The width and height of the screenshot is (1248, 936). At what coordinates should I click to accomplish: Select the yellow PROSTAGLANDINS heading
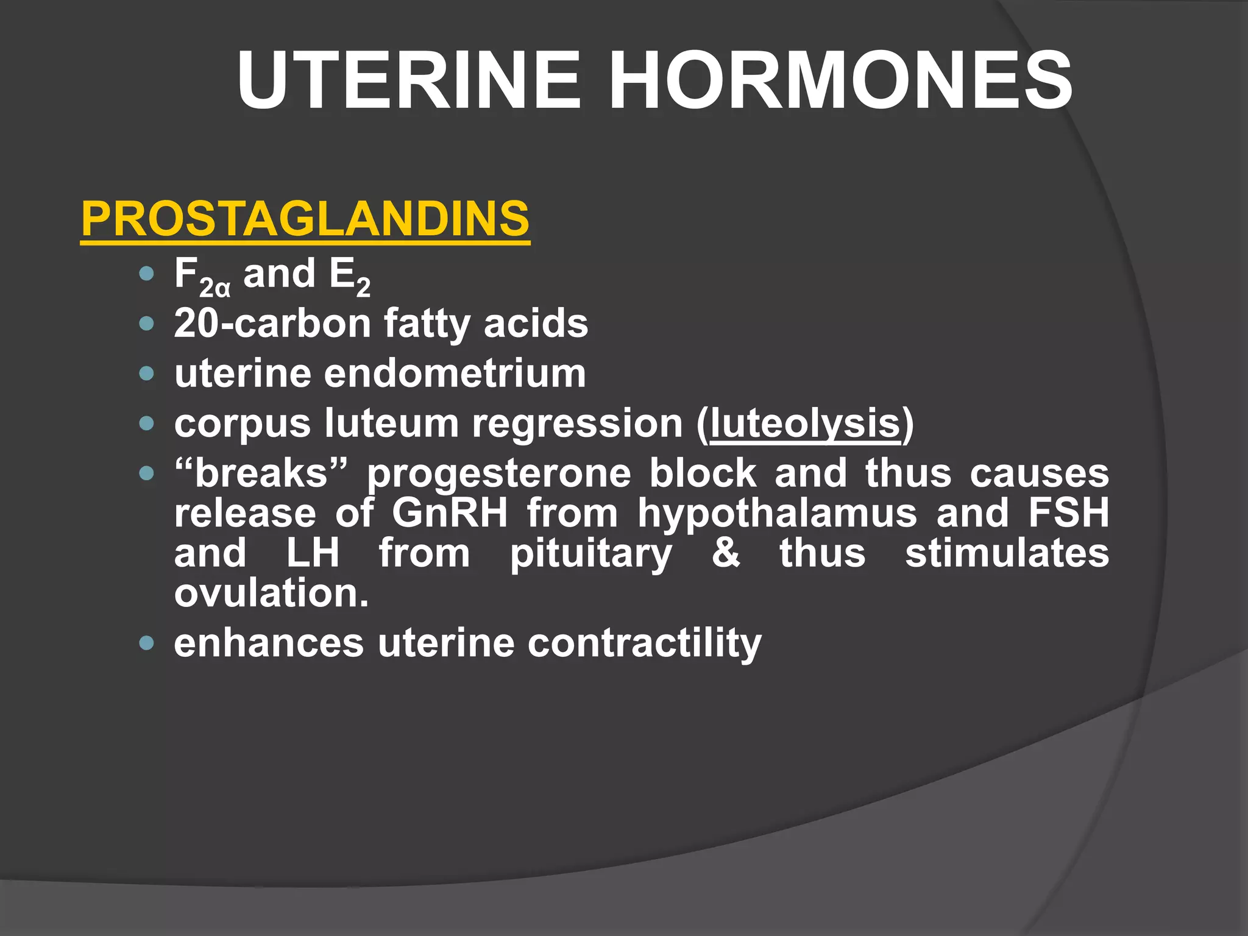coord(305,219)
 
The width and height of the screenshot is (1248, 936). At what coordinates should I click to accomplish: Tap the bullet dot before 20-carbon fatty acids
coord(146,324)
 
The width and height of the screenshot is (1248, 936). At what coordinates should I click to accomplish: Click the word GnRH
coord(450,513)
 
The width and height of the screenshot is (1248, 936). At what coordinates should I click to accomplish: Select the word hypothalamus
coord(777,513)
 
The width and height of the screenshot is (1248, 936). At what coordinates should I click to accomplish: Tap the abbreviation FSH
coord(1069,513)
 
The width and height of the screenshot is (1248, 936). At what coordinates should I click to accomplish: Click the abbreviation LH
coord(313,553)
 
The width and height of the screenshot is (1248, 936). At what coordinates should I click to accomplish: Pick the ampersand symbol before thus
coord(726,553)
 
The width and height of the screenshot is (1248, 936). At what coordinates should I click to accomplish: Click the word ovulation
coord(271,593)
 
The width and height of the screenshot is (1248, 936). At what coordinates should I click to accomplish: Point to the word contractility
coord(644,643)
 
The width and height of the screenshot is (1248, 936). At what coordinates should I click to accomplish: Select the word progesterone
coord(498,473)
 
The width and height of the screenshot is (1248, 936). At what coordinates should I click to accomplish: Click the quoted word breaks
coord(261,473)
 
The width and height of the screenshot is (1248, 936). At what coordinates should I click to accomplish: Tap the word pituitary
coord(591,553)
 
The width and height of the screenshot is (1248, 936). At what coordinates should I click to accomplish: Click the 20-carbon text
coord(272,324)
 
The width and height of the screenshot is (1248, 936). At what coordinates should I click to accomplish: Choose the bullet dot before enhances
coord(146,643)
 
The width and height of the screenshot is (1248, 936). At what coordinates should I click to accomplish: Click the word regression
coord(578,423)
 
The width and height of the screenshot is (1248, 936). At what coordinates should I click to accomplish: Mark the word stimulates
coord(1007,553)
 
